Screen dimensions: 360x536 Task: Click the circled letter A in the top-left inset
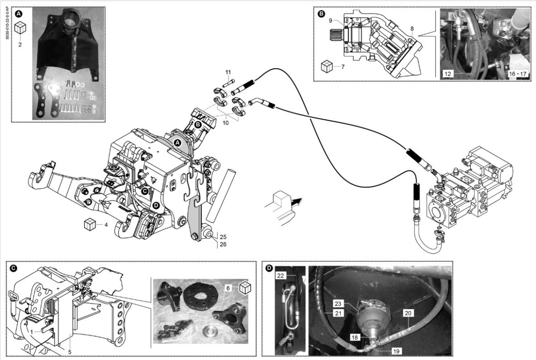[19, 14]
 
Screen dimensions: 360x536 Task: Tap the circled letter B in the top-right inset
[321, 14]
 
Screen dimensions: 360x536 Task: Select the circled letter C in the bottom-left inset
[13, 268]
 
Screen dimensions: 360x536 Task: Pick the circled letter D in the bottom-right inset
[269, 268]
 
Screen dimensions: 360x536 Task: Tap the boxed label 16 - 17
[518, 72]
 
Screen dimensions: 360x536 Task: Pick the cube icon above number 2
[20, 29]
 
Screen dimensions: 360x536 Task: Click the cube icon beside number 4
[90, 224]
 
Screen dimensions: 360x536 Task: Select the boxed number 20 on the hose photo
[408, 313]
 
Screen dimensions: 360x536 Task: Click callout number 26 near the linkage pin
[223, 244]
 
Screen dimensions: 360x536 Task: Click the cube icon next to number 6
[244, 288]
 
